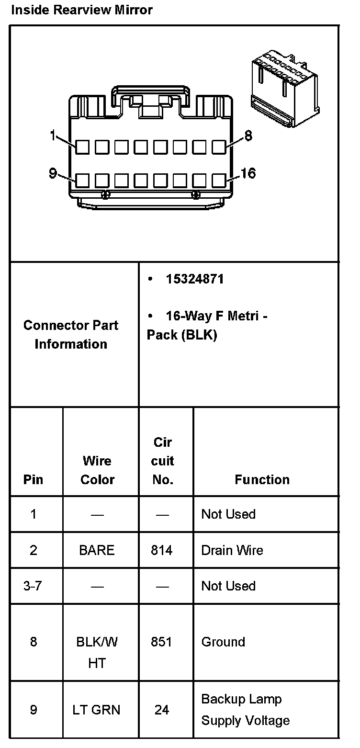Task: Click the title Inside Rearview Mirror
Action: (81, 10)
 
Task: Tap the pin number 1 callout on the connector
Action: (53, 136)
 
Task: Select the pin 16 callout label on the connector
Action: (247, 173)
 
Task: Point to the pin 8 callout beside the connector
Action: (247, 136)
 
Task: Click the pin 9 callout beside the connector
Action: (53, 173)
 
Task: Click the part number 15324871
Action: (194, 279)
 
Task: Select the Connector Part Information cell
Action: (71, 334)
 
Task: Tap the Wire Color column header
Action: (97, 470)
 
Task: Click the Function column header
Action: (262, 479)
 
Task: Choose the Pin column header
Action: (33, 479)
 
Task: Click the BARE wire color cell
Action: (97, 550)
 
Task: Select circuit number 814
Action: (162, 550)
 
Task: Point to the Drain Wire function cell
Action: (232, 550)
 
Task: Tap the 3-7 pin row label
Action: (33, 586)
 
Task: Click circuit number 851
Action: (162, 642)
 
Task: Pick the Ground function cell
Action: (223, 642)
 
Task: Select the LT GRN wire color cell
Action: (97, 709)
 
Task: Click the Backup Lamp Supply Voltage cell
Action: (246, 709)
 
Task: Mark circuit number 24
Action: (162, 709)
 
